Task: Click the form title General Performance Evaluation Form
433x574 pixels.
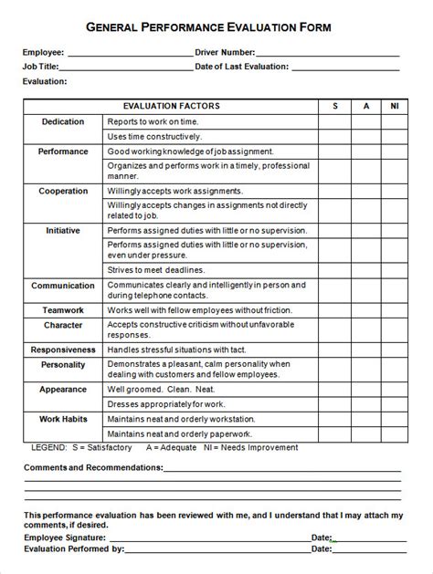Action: pos(216,28)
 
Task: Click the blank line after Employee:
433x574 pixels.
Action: pos(128,55)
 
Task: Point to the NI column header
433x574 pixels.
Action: pos(394,107)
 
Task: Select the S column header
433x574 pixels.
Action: pos(335,107)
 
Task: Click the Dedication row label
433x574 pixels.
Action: pos(63,122)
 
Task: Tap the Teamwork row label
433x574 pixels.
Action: pos(63,310)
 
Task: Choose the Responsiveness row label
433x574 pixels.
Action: pos(63,350)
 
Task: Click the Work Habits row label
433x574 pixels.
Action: pos(63,419)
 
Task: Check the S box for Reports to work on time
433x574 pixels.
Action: pos(335,122)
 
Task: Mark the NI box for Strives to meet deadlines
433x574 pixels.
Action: pos(394,270)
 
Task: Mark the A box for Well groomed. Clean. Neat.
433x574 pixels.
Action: pos(366,390)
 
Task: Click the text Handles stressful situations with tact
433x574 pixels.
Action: pos(175,350)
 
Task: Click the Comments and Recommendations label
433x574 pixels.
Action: pos(93,467)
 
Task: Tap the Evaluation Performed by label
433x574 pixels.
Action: pos(74,549)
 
